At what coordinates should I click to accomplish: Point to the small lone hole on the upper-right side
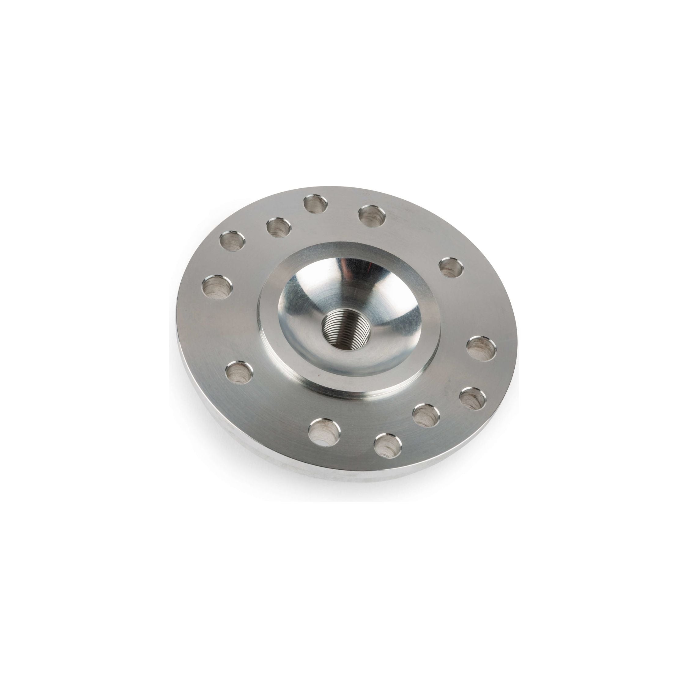(x=451, y=268)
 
